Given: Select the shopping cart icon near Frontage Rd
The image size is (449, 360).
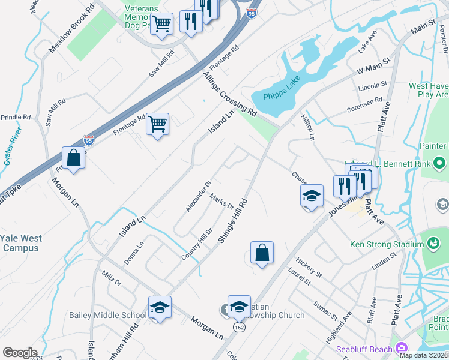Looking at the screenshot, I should (157, 124).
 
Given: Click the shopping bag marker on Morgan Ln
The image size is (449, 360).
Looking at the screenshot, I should (73, 158).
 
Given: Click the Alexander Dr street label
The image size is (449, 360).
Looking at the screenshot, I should (199, 196).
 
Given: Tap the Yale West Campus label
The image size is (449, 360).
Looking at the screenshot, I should (21, 242).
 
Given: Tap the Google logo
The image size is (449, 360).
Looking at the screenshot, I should (20, 353).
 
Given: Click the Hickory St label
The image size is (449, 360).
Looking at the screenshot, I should (309, 268).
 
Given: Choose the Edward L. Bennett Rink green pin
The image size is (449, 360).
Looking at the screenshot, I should (439, 163).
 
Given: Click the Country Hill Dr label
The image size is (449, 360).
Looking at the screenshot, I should (197, 244).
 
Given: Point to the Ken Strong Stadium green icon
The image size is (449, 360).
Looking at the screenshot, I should (432, 243).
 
